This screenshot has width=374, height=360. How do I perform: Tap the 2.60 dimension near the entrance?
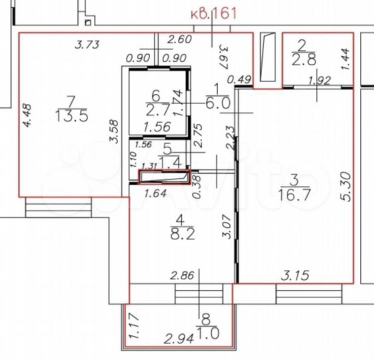click(x=181, y=39)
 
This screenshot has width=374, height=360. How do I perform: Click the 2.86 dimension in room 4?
click(x=182, y=274)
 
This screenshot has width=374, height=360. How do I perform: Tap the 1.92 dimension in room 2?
click(x=320, y=81)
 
